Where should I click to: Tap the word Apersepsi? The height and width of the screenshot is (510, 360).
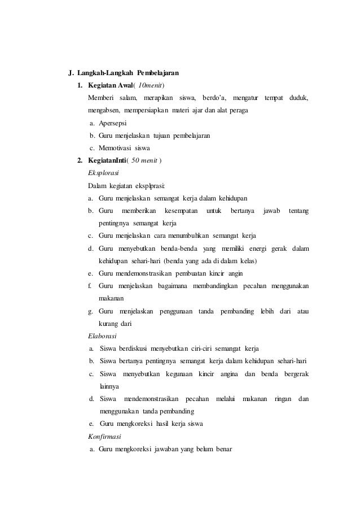[112, 123]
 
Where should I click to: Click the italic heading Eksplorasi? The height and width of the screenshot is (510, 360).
[103, 173]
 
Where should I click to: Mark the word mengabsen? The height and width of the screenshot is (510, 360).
[105, 111]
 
